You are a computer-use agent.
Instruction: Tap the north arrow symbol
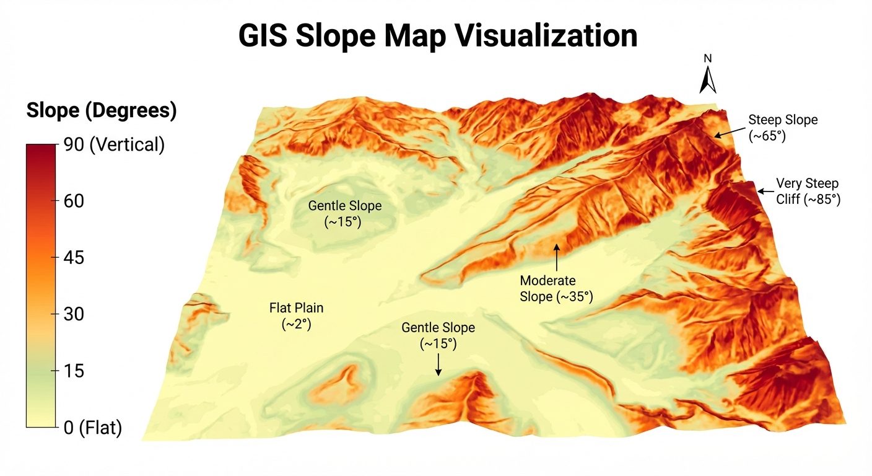pos(707,80)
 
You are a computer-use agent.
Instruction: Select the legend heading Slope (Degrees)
pos(102,111)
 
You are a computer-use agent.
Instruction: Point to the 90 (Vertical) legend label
pos(114,144)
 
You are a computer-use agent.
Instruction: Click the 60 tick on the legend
pos(74,201)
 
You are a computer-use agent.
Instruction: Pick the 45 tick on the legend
pos(74,257)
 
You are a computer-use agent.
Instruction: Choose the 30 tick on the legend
pos(74,314)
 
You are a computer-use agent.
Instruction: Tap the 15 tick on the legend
pos(74,371)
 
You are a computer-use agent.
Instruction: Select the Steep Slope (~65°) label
pos(783,128)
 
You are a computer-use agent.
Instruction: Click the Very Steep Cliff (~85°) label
pos(808,192)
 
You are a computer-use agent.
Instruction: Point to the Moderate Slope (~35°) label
pos(556,289)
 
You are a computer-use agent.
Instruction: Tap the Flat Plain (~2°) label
pos(296,315)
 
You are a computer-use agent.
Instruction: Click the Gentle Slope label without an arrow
pos(345,214)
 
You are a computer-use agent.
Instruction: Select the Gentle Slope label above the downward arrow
pos(438,335)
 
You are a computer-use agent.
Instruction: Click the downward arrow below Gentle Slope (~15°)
pos(438,364)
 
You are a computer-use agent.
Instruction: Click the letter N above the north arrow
pos(708,59)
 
